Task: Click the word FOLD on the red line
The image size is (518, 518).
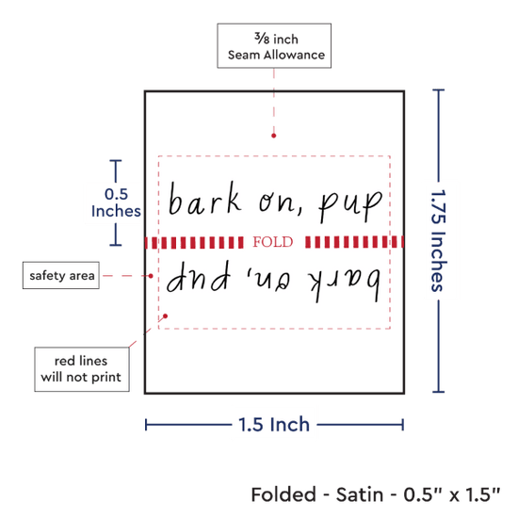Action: coord(273,242)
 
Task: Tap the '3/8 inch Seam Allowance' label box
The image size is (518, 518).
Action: coord(274,46)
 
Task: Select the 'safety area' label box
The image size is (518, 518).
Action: coord(61,275)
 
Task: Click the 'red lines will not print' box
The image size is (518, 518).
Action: coord(82,369)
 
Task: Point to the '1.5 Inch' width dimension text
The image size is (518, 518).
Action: coord(274,425)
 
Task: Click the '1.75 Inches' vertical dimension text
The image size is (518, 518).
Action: coord(439,240)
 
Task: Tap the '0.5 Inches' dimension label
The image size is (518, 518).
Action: coord(116,202)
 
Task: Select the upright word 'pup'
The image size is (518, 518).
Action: coord(350,206)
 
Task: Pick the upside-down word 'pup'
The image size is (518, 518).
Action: coord(198,276)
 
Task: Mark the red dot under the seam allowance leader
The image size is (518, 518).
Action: coord(273,136)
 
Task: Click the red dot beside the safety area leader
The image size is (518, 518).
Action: coord(151,276)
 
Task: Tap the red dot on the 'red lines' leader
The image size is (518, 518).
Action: coord(165,316)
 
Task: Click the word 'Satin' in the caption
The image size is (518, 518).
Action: coord(360,494)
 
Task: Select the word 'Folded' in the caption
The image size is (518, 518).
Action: coord(283,494)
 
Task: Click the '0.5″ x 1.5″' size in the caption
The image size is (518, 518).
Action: coord(451,494)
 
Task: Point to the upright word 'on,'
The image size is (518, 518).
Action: coord(281,202)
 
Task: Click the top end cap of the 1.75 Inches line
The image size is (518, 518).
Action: coord(438,89)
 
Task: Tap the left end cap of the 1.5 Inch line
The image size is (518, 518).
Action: coord(146,425)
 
